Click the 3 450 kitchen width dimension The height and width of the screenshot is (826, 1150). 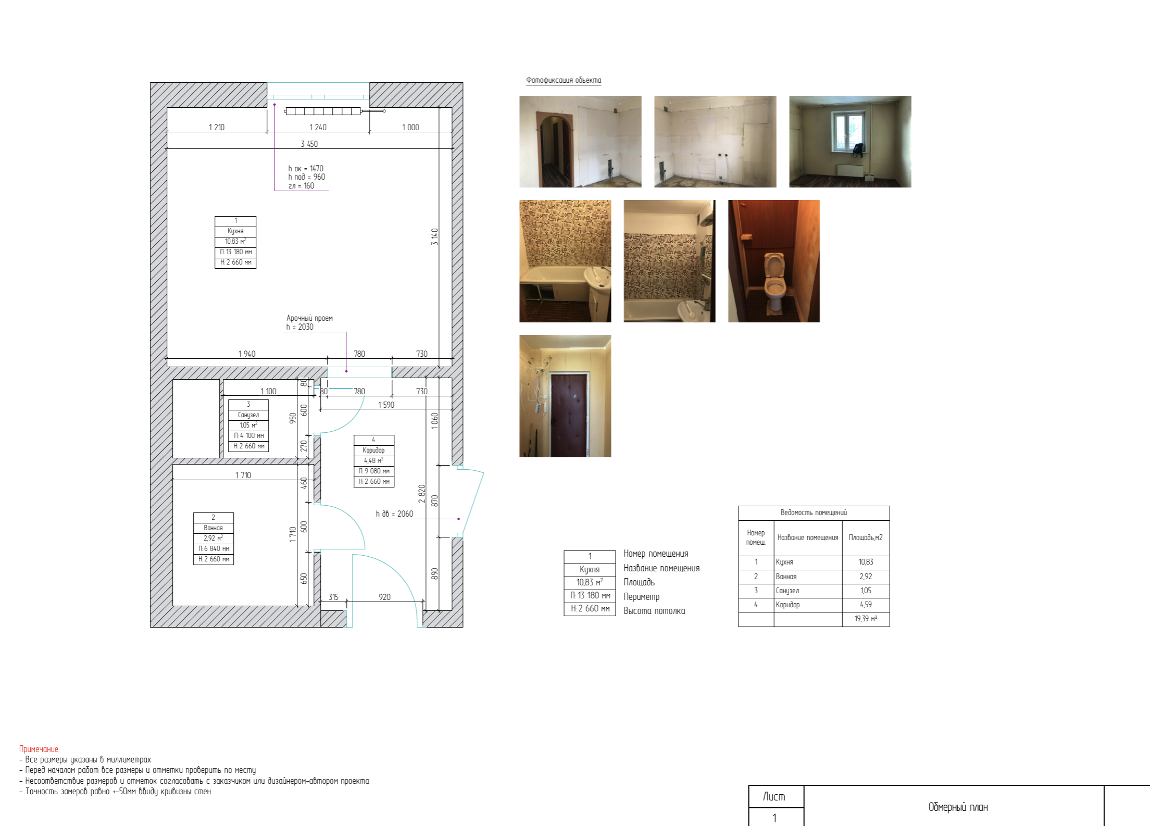(x=309, y=144)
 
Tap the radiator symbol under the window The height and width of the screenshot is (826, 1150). (x=323, y=111)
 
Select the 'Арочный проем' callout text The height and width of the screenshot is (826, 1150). (x=309, y=318)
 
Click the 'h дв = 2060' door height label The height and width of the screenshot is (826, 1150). (x=394, y=514)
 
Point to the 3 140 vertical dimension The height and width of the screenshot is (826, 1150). (x=435, y=236)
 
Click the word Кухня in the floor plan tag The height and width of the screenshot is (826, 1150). (x=235, y=231)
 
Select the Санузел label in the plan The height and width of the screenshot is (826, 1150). (x=248, y=415)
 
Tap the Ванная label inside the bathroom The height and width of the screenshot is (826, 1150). (x=213, y=528)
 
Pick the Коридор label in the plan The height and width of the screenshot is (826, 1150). (x=373, y=450)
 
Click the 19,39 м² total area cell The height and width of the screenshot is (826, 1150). (x=866, y=619)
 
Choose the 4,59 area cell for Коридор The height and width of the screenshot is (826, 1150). (x=866, y=605)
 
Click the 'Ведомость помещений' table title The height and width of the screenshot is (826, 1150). (x=814, y=512)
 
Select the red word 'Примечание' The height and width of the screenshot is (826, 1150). (x=40, y=749)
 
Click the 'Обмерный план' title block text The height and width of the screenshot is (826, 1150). (x=958, y=807)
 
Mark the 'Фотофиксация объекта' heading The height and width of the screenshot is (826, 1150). (x=564, y=80)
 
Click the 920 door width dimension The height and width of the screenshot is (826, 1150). (x=384, y=597)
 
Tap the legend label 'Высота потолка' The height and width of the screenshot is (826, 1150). (x=654, y=611)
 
